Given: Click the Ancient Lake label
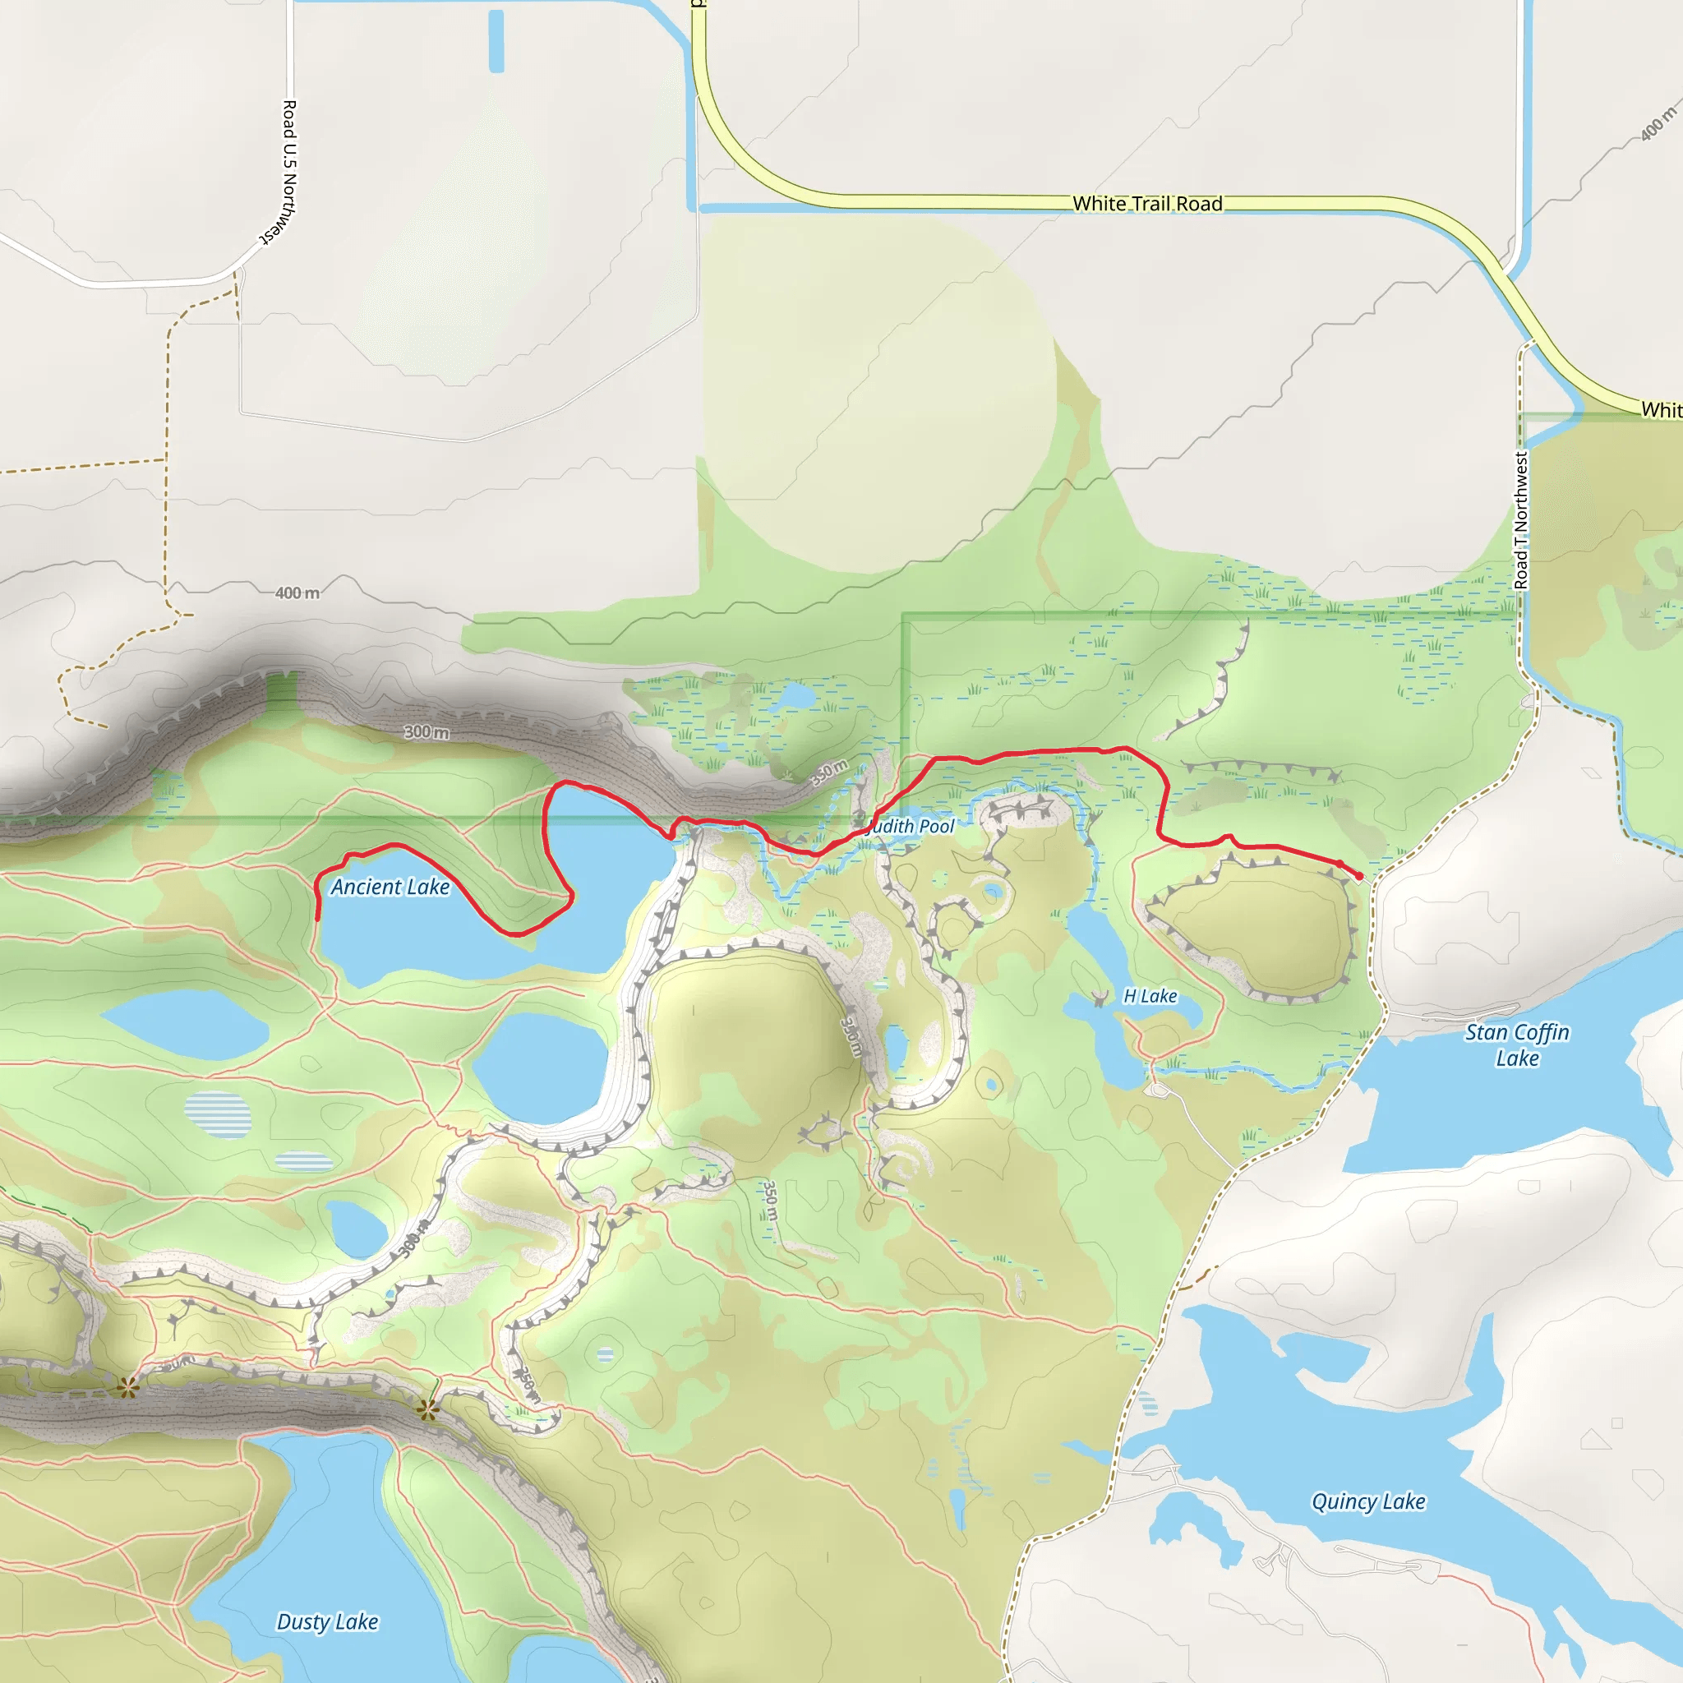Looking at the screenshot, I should pyautogui.click(x=390, y=887).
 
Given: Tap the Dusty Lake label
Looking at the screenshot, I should pyautogui.click(x=328, y=1621).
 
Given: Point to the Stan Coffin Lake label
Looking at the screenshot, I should pyautogui.click(x=1517, y=1044).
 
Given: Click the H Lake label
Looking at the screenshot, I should pyautogui.click(x=1150, y=996).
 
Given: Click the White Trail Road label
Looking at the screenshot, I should pyautogui.click(x=1147, y=204).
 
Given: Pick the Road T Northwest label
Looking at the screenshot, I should pyautogui.click(x=1521, y=520).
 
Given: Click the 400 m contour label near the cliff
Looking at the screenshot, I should pyautogui.click(x=297, y=593).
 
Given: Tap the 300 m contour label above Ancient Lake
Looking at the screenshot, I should pyautogui.click(x=427, y=731).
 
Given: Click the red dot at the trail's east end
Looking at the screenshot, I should pyautogui.click(x=1360, y=875).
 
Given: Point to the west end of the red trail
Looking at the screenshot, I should pyautogui.click(x=317, y=919).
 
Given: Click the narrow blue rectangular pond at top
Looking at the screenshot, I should pyautogui.click(x=496, y=41).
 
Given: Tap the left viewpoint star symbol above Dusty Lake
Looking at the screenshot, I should pyautogui.click(x=128, y=1388).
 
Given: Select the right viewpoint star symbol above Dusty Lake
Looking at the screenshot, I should pyautogui.click(x=427, y=1409).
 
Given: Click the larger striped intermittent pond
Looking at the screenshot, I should pyautogui.click(x=218, y=1114).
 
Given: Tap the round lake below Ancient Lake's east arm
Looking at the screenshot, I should pyautogui.click(x=540, y=1067).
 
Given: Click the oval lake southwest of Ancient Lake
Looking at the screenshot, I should pyautogui.click(x=185, y=1025).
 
